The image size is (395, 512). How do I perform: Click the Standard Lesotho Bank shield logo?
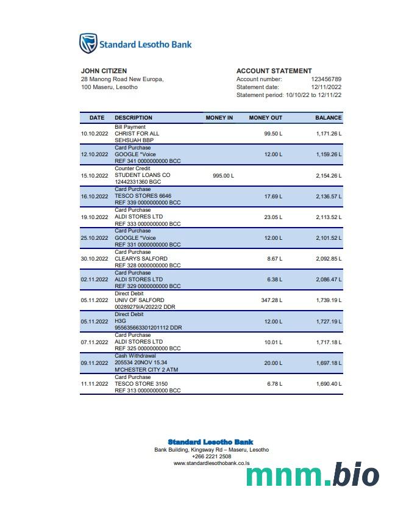pyautogui.click(x=88, y=43)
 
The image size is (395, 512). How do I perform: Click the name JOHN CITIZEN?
pyautogui.click(x=104, y=71)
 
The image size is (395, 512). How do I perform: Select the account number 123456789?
pyautogui.click(x=326, y=79)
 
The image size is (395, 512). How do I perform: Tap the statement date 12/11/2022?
pyautogui.click(x=326, y=87)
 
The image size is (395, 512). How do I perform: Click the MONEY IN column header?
pyautogui.click(x=219, y=117)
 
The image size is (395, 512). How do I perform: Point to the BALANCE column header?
pyautogui.click(x=329, y=117)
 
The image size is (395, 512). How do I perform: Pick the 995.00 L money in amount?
pyautogui.click(x=223, y=175)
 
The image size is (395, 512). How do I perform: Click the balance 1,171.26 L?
pyautogui.click(x=329, y=133)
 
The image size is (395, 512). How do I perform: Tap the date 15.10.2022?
pyautogui.click(x=94, y=175)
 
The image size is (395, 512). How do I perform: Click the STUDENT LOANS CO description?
pyautogui.click(x=143, y=175)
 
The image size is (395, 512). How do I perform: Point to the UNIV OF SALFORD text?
pyautogui.click(x=140, y=300)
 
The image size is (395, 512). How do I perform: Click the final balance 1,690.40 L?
pyautogui.click(x=329, y=384)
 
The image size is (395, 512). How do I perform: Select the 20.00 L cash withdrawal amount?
pyautogui.click(x=272, y=363)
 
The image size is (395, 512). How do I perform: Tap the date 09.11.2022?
pyautogui.click(x=94, y=363)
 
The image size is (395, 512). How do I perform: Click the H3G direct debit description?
pyautogui.click(x=121, y=321)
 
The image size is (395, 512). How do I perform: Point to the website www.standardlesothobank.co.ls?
pyautogui.click(x=212, y=463)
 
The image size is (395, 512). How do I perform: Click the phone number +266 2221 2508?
pyautogui.click(x=212, y=456)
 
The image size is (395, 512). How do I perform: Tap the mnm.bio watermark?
pyautogui.click(x=313, y=474)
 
